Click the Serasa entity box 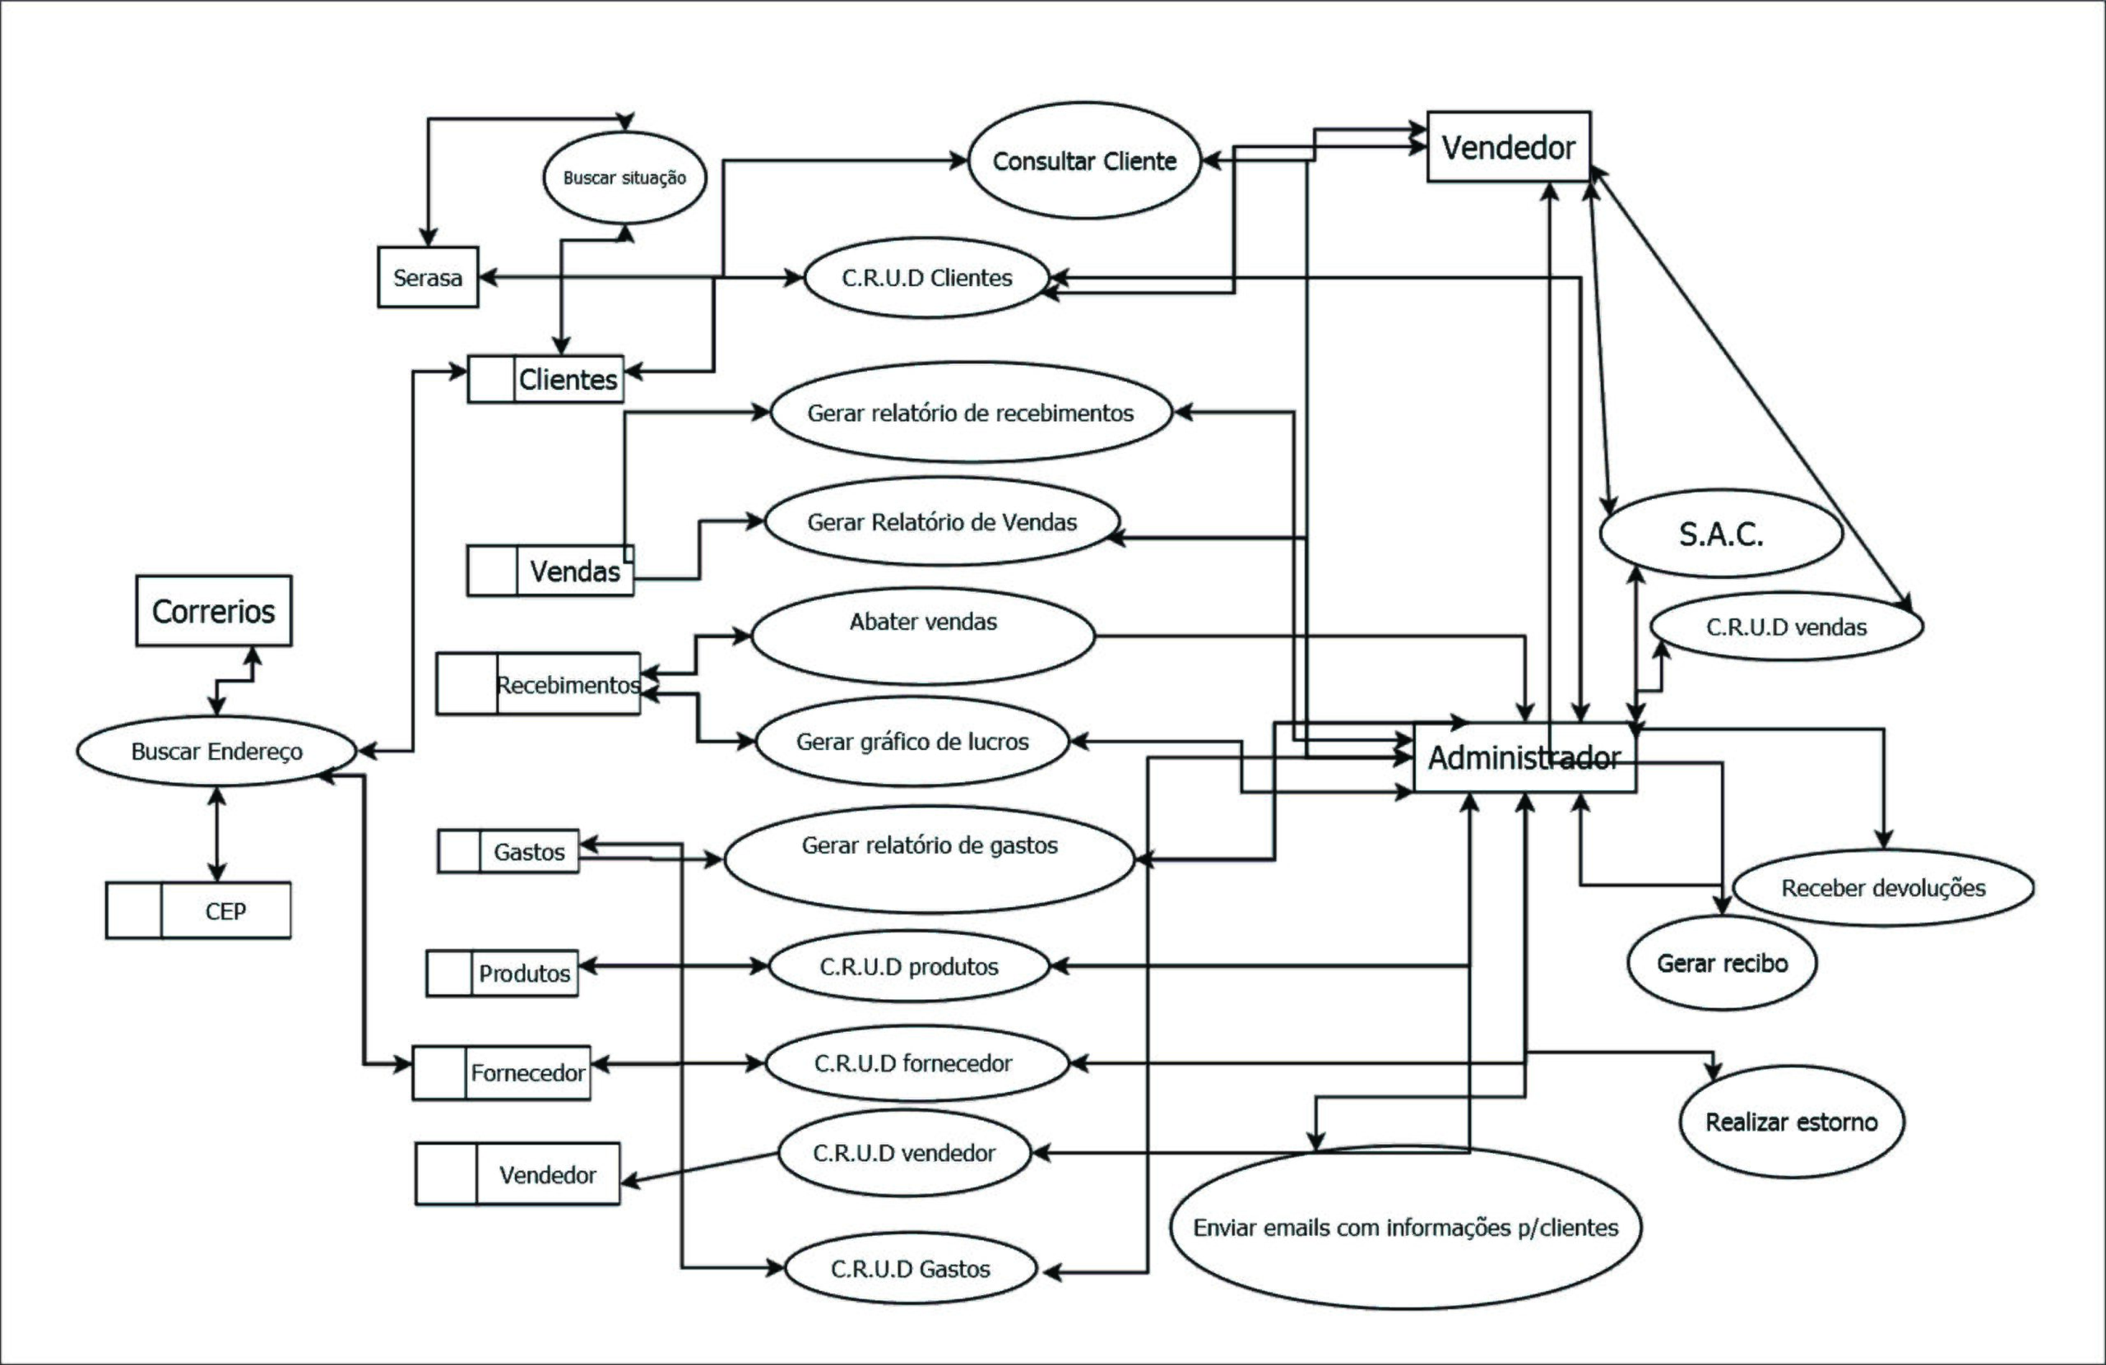click(x=428, y=278)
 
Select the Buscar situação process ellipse click(x=624, y=178)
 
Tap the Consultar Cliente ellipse click(x=1084, y=161)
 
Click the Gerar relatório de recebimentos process click(x=971, y=413)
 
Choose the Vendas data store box click(x=550, y=571)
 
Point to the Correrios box click(x=213, y=611)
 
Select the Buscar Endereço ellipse click(x=217, y=751)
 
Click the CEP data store click(x=198, y=910)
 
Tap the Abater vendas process click(x=923, y=635)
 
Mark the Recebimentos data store click(x=538, y=684)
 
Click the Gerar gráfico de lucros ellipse click(x=912, y=742)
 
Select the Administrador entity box click(x=1524, y=758)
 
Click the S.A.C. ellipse click(x=1721, y=534)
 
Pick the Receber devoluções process click(x=1883, y=888)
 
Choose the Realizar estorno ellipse click(x=1791, y=1122)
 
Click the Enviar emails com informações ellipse click(x=1405, y=1228)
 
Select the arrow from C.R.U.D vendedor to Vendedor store click(x=699, y=1168)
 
